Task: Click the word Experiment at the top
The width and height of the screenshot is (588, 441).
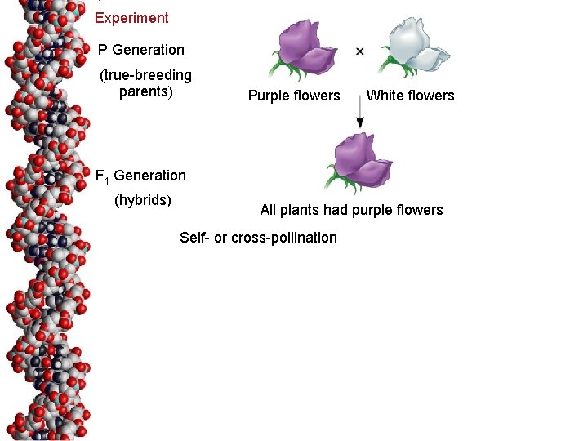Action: [131, 18]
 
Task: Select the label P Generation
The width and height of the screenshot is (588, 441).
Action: [141, 50]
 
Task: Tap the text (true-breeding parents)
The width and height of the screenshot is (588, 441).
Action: [145, 83]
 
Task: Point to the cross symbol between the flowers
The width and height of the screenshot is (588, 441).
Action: [360, 51]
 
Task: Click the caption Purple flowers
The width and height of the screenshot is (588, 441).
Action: [294, 96]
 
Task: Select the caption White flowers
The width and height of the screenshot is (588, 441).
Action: [410, 96]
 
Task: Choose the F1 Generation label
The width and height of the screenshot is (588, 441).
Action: [140, 176]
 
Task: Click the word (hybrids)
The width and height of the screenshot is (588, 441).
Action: [142, 200]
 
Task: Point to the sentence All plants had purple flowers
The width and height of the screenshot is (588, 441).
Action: [351, 210]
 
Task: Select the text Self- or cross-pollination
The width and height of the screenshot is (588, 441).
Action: [258, 238]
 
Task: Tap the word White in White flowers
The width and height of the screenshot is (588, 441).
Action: [385, 96]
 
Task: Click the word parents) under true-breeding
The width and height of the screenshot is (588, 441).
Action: [146, 91]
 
